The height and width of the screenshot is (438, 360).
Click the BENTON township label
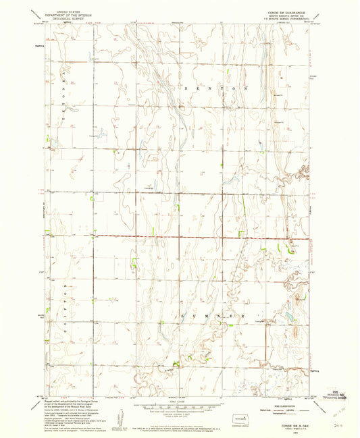point(215,88)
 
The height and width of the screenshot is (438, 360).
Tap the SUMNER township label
point(215,315)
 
